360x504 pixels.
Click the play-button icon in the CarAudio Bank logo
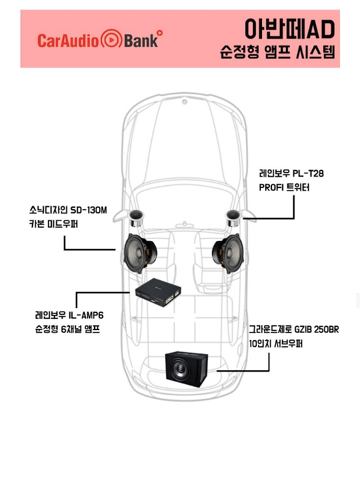pos(111,39)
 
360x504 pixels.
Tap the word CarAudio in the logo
pos(68,41)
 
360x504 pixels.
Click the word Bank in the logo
pos(141,41)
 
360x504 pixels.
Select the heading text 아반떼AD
pos(289,29)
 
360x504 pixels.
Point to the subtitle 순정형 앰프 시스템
pos(278,52)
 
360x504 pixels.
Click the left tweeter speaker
pos(137,218)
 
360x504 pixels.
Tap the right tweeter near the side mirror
pos(234,218)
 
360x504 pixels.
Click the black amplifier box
pos(158,292)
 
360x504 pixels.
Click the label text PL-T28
pos(308,173)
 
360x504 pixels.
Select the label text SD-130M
pos(89,210)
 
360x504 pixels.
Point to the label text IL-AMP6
pos(86,315)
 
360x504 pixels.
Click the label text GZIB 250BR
pos(317,329)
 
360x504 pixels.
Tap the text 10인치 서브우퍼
pos(276,344)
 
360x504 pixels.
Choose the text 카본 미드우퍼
pos(54,224)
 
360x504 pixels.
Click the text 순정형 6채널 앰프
pos(67,329)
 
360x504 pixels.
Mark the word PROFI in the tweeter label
pos(270,187)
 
